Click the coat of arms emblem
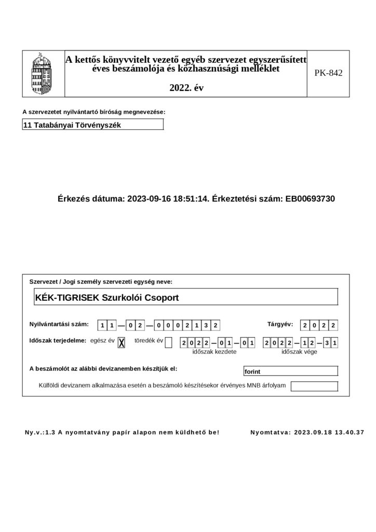43,73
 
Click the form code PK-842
328,73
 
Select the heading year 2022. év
186,88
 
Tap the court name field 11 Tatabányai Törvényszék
93,125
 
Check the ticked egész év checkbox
122,342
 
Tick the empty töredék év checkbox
168,342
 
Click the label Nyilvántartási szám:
59,325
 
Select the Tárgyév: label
280,324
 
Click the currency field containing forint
290,371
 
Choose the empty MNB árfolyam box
314,386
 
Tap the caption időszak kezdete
214,352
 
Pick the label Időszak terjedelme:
57,341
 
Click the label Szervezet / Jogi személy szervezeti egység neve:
101,282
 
